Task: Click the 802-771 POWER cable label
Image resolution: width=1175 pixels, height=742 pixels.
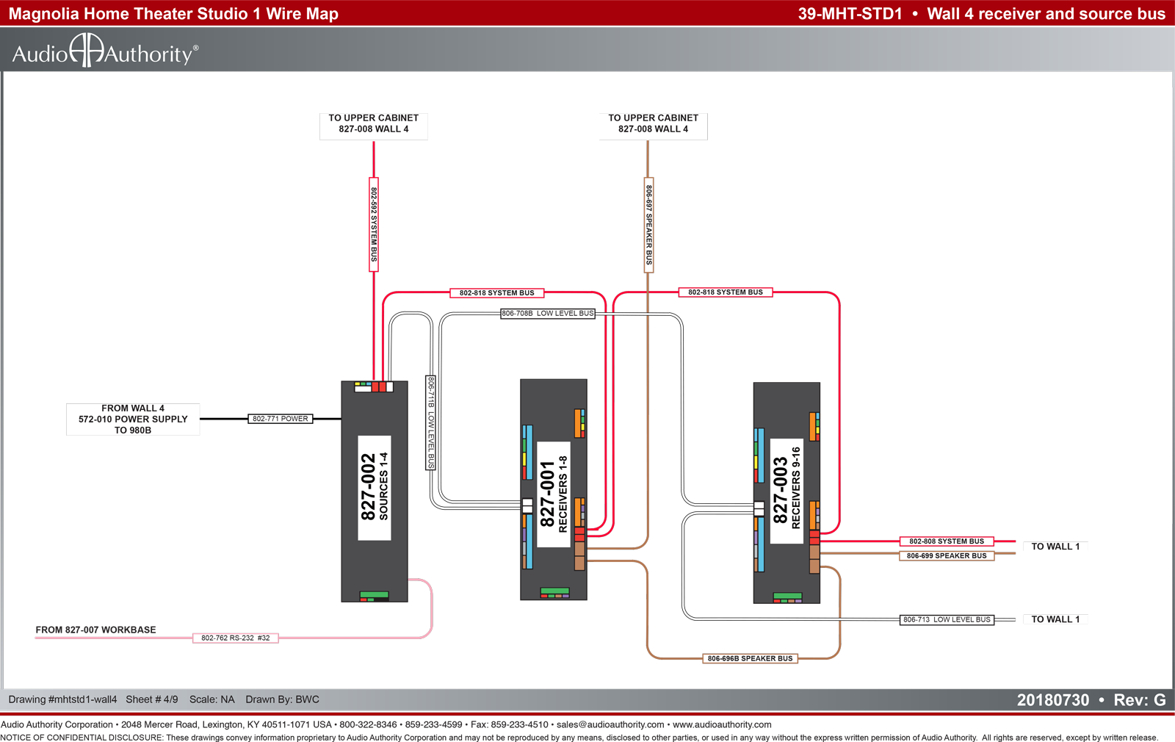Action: coord(280,419)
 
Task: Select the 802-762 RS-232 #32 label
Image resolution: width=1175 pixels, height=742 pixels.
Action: coord(236,638)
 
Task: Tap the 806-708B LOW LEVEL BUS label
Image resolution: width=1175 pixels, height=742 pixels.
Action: coord(548,313)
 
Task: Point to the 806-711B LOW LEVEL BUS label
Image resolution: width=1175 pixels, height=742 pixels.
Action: coord(430,422)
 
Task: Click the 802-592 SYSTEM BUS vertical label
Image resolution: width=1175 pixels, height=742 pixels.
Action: coord(374,225)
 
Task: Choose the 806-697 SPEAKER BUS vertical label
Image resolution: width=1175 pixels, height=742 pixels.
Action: coord(649,225)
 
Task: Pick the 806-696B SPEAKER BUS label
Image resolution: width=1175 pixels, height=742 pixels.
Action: coord(750,658)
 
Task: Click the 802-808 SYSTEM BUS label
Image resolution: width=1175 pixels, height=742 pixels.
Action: coord(947,541)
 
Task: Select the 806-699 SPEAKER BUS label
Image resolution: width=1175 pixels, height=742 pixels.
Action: coord(947,555)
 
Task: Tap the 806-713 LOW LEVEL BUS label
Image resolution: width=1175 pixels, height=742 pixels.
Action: coord(947,620)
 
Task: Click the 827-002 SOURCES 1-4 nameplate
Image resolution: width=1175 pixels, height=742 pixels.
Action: coord(374,488)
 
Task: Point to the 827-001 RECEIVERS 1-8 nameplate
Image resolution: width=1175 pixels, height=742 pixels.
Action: coord(554,494)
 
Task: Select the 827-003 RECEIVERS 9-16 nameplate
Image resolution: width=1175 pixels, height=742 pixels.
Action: coord(787,491)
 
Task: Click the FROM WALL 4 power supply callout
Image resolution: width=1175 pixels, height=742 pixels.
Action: coord(133,419)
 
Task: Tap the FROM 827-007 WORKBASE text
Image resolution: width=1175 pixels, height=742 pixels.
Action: coord(95,630)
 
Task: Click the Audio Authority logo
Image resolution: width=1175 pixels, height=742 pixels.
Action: coord(105,51)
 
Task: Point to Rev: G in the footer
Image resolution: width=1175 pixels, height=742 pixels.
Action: coord(1139,700)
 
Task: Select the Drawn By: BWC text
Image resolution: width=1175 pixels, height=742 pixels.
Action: coord(282,699)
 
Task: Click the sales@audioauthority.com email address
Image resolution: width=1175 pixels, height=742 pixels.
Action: coord(610,724)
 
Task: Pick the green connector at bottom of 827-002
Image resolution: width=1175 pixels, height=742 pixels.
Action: coord(374,594)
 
